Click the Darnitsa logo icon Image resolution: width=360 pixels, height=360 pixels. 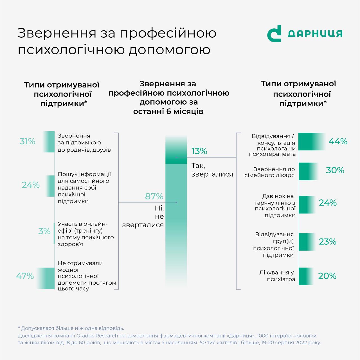[274, 34]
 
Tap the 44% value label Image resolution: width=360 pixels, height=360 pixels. [338, 141]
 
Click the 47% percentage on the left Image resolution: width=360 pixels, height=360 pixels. [25, 276]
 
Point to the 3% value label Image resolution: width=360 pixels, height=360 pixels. [44, 231]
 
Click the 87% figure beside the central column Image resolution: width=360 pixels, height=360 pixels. [154, 196]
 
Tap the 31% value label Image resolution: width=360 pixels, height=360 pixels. [28, 141]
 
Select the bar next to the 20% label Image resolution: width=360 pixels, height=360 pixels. [305, 276]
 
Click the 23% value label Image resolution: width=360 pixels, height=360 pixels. [328, 242]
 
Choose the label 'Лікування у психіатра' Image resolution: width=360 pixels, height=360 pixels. [277, 276]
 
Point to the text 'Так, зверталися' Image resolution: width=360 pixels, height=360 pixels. [212, 170]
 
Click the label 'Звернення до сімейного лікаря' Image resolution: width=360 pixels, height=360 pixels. [270, 172]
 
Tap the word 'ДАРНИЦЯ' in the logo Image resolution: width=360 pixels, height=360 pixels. [315, 34]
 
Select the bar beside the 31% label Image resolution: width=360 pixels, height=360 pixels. [49, 142]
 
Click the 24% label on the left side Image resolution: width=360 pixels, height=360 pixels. [31, 185]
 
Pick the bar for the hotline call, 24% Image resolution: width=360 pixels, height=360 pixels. [307, 204]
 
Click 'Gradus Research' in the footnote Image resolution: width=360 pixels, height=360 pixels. [97, 336]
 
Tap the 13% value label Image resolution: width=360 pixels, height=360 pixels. [199, 151]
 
